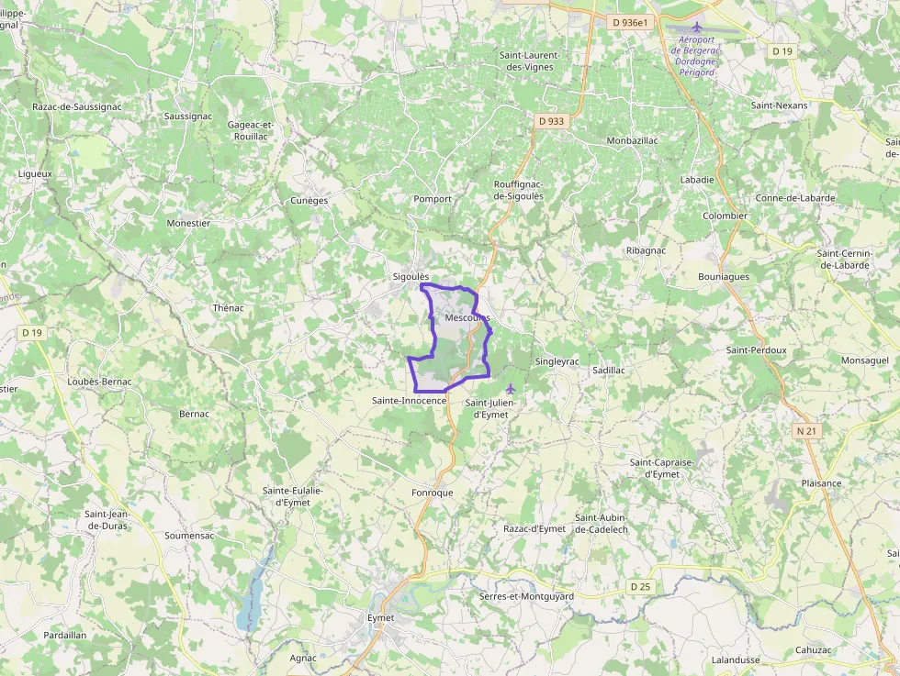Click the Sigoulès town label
click(x=411, y=276)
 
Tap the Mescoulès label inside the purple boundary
click(x=467, y=317)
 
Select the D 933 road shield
click(x=551, y=120)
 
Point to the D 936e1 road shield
click(x=630, y=22)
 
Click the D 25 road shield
click(x=640, y=586)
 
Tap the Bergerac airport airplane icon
click(x=697, y=28)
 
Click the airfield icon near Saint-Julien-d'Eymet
click(x=511, y=389)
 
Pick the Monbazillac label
click(x=633, y=140)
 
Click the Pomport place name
click(x=433, y=199)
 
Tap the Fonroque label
click(x=433, y=493)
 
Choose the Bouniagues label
click(x=724, y=276)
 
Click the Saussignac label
click(x=187, y=116)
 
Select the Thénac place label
click(x=228, y=308)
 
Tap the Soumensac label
click(x=189, y=535)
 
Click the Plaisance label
click(x=821, y=483)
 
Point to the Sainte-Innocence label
click(x=409, y=401)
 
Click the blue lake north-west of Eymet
click(x=250, y=596)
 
